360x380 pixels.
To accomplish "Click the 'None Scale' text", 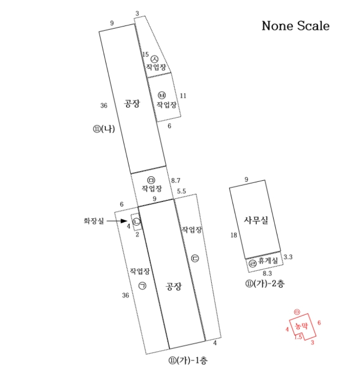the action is click(x=295, y=26).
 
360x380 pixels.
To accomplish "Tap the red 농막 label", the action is click(x=301, y=326).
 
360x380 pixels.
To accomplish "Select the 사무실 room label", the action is click(x=256, y=220).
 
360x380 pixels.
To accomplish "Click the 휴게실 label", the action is click(x=268, y=261).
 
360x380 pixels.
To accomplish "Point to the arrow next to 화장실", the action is click(x=117, y=221).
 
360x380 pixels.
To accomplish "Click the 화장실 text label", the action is click(x=94, y=221).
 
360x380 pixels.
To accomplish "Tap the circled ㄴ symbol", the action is click(x=137, y=221).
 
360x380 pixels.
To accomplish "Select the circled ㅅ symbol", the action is click(x=154, y=59).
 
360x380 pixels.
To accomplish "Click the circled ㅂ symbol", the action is click(x=162, y=95).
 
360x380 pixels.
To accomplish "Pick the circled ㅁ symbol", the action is click(x=151, y=180).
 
